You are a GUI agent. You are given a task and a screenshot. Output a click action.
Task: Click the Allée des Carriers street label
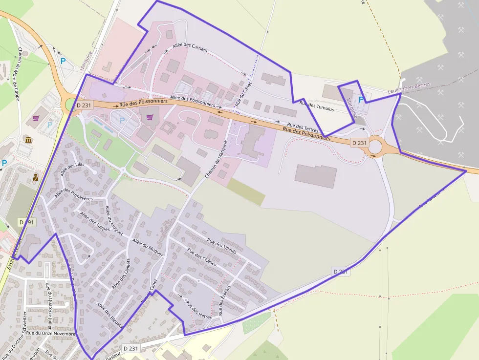click(x=190, y=47)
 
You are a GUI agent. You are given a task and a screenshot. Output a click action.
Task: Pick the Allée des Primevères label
click(x=74, y=195)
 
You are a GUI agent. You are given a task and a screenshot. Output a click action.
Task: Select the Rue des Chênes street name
click(x=202, y=257)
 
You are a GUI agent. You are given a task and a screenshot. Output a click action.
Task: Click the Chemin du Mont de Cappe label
click(x=18, y=70)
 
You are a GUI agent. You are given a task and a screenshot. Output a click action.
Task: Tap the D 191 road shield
click(x=28, y=222)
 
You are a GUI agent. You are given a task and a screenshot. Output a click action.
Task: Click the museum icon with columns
click(x=28, y=140)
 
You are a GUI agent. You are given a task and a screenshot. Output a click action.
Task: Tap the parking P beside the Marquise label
click(x=361, y=100)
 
